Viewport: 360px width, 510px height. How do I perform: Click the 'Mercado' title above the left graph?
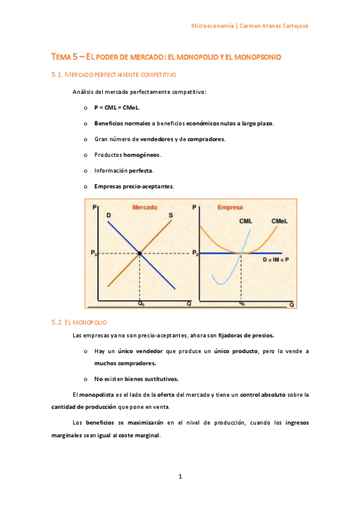144,207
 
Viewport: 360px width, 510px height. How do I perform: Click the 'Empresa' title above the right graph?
230,207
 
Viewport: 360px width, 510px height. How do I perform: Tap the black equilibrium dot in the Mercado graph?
139,254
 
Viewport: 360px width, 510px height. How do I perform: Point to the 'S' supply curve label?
171,215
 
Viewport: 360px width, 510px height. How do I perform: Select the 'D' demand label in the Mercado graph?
108,215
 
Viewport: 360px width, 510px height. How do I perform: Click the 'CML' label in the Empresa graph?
245,221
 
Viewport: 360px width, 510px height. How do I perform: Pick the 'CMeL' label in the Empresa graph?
279,221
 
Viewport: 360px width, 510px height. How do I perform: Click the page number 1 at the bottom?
180,477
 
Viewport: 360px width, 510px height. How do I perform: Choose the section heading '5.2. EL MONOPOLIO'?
79,322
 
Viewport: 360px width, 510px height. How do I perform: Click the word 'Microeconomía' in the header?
213,26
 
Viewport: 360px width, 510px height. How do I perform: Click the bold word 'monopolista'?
97,395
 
